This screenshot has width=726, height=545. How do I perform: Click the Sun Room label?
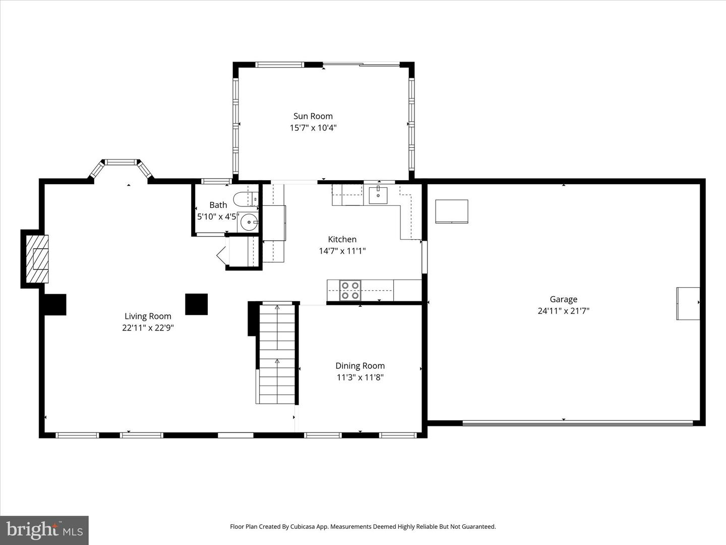click(x=313, y=116)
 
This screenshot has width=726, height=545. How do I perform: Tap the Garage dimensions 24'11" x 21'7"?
click(x=563, y=311)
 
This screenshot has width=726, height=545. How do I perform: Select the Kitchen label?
click(x=342, y=239)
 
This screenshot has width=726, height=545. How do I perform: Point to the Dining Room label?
click(x=360, y=366)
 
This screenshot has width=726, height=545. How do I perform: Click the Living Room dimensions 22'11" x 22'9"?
click(x=148, y=328)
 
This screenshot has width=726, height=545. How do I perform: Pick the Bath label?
click(x=218, y=205)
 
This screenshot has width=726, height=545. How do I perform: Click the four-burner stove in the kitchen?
click(x=350, y=290)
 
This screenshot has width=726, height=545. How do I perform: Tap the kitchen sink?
click(x=378, y=194)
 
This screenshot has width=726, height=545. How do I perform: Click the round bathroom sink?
click(x=249, y=222)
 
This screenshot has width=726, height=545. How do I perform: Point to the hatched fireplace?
click(x=37, y=259)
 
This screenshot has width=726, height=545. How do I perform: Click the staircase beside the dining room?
click(x=276, y=353)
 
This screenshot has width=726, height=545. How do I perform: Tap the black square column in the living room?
click(x=196, y=304)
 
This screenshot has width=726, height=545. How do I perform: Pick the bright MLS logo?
click(x=44, y=530)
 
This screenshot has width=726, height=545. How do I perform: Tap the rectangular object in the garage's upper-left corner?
click(x=451, y=211)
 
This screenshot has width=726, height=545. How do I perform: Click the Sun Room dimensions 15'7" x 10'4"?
click(x=313, y=128)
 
